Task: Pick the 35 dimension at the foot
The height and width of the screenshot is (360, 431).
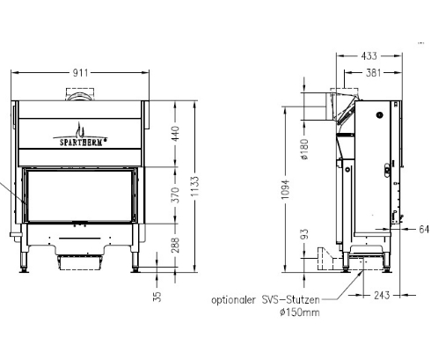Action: tap(157, 297)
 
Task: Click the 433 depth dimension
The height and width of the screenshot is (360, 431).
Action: tap(369, 56)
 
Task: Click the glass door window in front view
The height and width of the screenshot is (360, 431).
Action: tap(81, 195)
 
